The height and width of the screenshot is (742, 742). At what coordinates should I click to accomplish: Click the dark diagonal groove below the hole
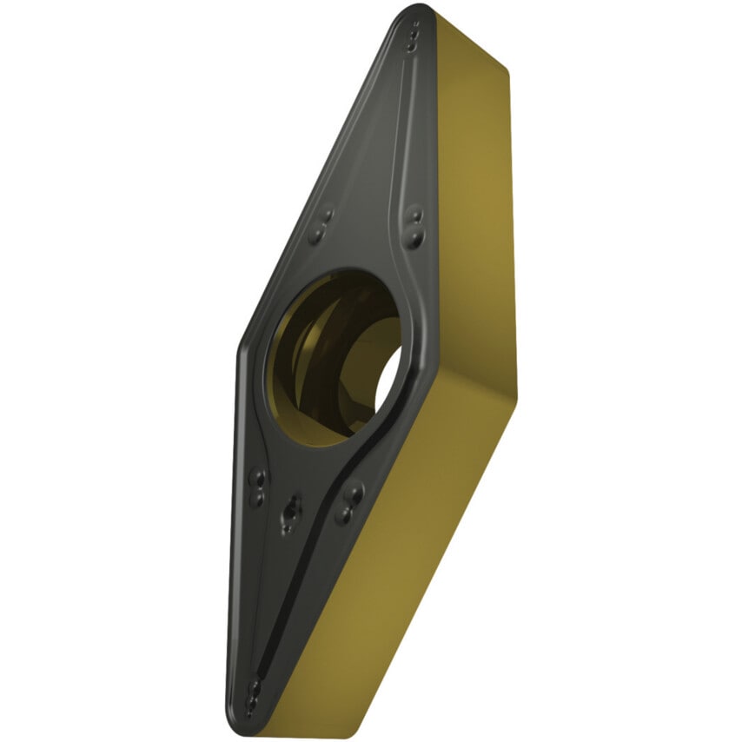(313, 556)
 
